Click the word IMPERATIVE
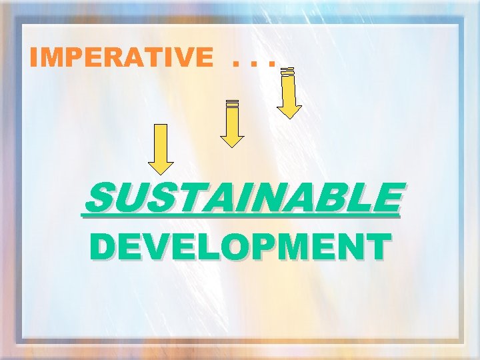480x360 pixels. tap(120, 59)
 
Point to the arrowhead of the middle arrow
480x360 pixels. tap(232, 140)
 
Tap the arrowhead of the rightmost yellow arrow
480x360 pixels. tap(289, 111)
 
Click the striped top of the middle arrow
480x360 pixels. tap(232, 103)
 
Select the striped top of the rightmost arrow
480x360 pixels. tap(288, 72)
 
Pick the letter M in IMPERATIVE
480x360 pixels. tap(51, 59)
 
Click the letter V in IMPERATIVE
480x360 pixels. tap(179, 59)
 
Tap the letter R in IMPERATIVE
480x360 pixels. tap(111, 59)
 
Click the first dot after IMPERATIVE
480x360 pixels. tap(235, 65)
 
